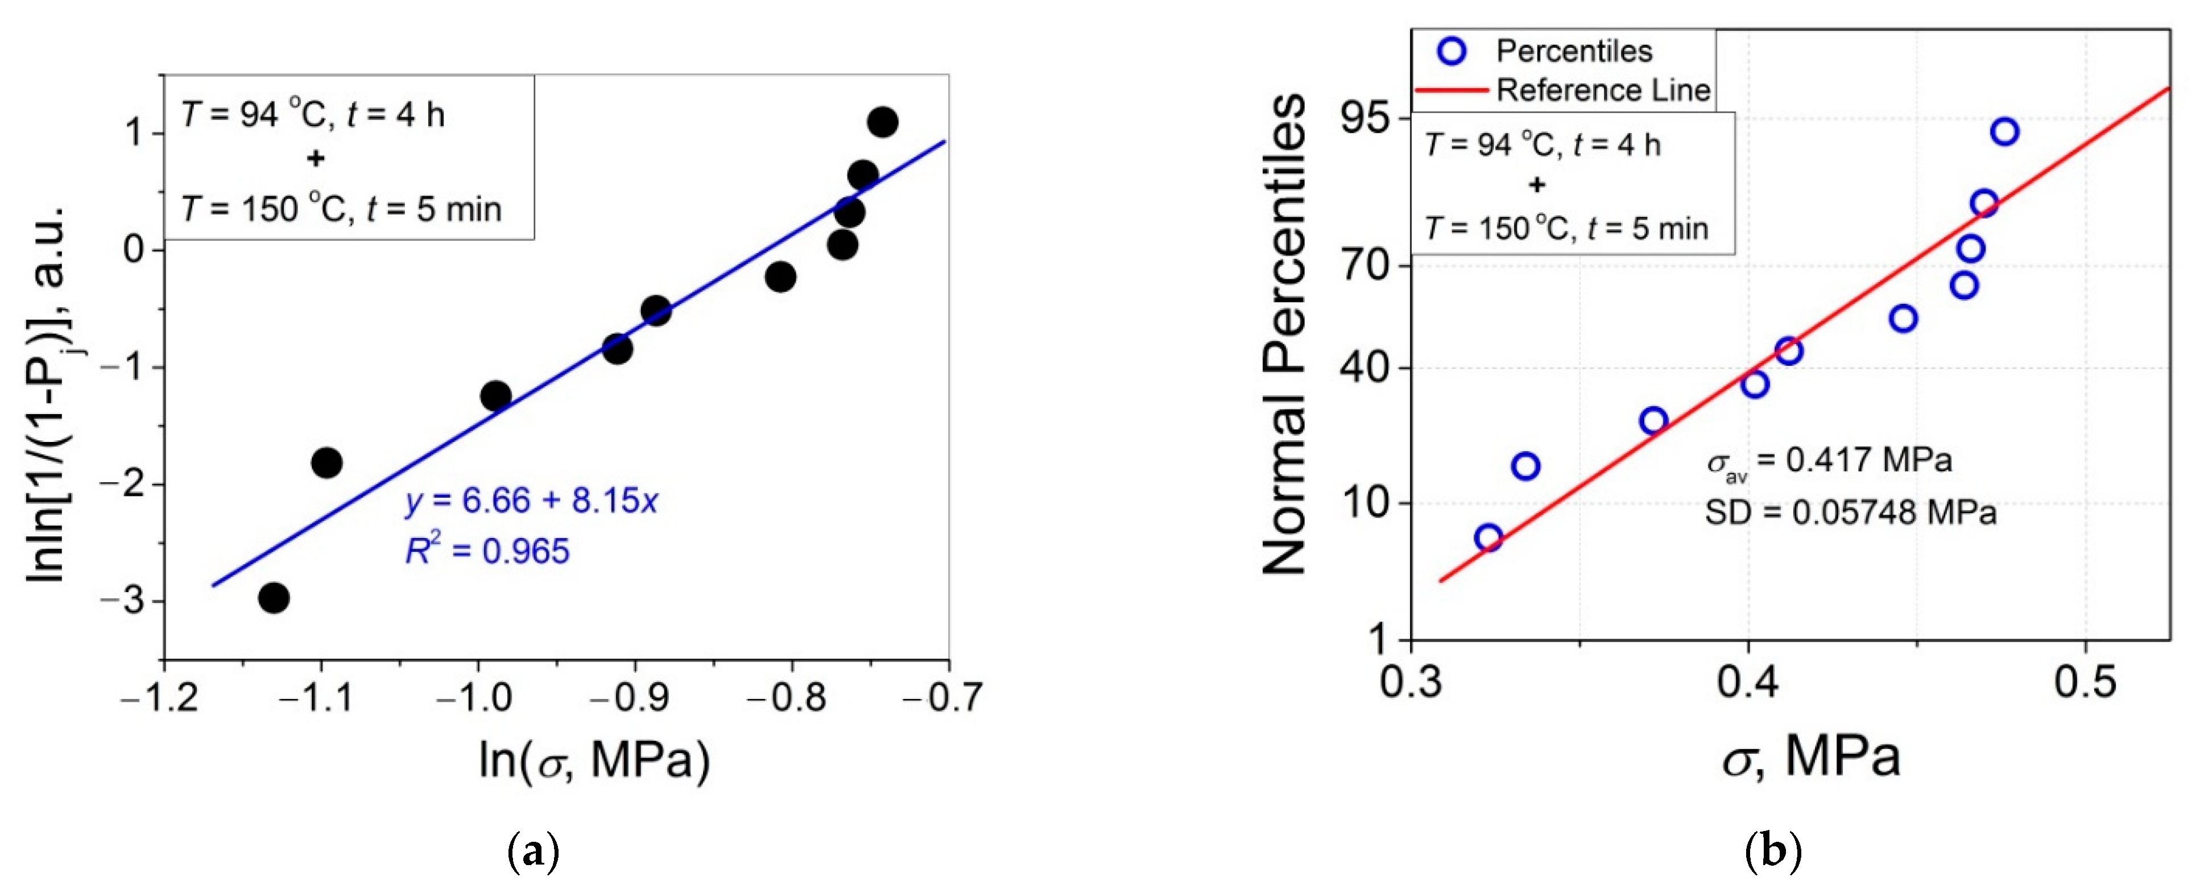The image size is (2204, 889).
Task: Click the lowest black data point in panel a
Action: (x=273, y=597)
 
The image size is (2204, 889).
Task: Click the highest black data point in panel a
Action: (x=882, y=122)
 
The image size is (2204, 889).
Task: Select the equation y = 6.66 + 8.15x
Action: (x=531, y=501)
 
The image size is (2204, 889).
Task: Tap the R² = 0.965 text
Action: (x=487, y=550)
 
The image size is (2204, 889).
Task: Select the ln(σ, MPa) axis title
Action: (x=594, y=759)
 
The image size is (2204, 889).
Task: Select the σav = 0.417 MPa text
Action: (x=1829, y=461)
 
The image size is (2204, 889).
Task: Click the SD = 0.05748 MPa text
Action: (x=1850, y=512)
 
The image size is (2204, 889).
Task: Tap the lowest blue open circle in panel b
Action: (x=1488, y=537)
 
